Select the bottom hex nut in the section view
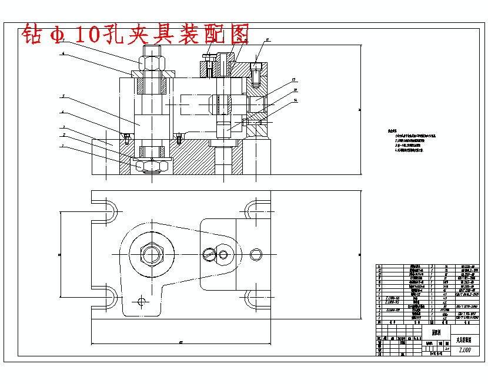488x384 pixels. (153, 166)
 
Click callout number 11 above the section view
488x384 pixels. (268, 41)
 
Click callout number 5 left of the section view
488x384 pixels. (62, 96)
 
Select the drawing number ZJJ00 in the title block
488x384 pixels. (466, 349)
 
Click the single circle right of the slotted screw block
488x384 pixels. (255, 254)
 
